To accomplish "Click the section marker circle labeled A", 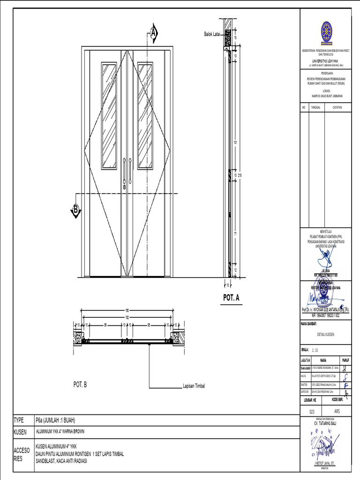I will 153,33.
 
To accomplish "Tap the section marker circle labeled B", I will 75,209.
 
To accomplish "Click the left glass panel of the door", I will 109,115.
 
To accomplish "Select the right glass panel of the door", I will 145,115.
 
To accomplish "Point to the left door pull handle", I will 124,172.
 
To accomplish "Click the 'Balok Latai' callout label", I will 211,34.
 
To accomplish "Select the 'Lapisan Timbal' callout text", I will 194,387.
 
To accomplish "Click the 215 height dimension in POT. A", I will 240,175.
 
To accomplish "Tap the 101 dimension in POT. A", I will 235,142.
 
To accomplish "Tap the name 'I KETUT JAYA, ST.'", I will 325,462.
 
